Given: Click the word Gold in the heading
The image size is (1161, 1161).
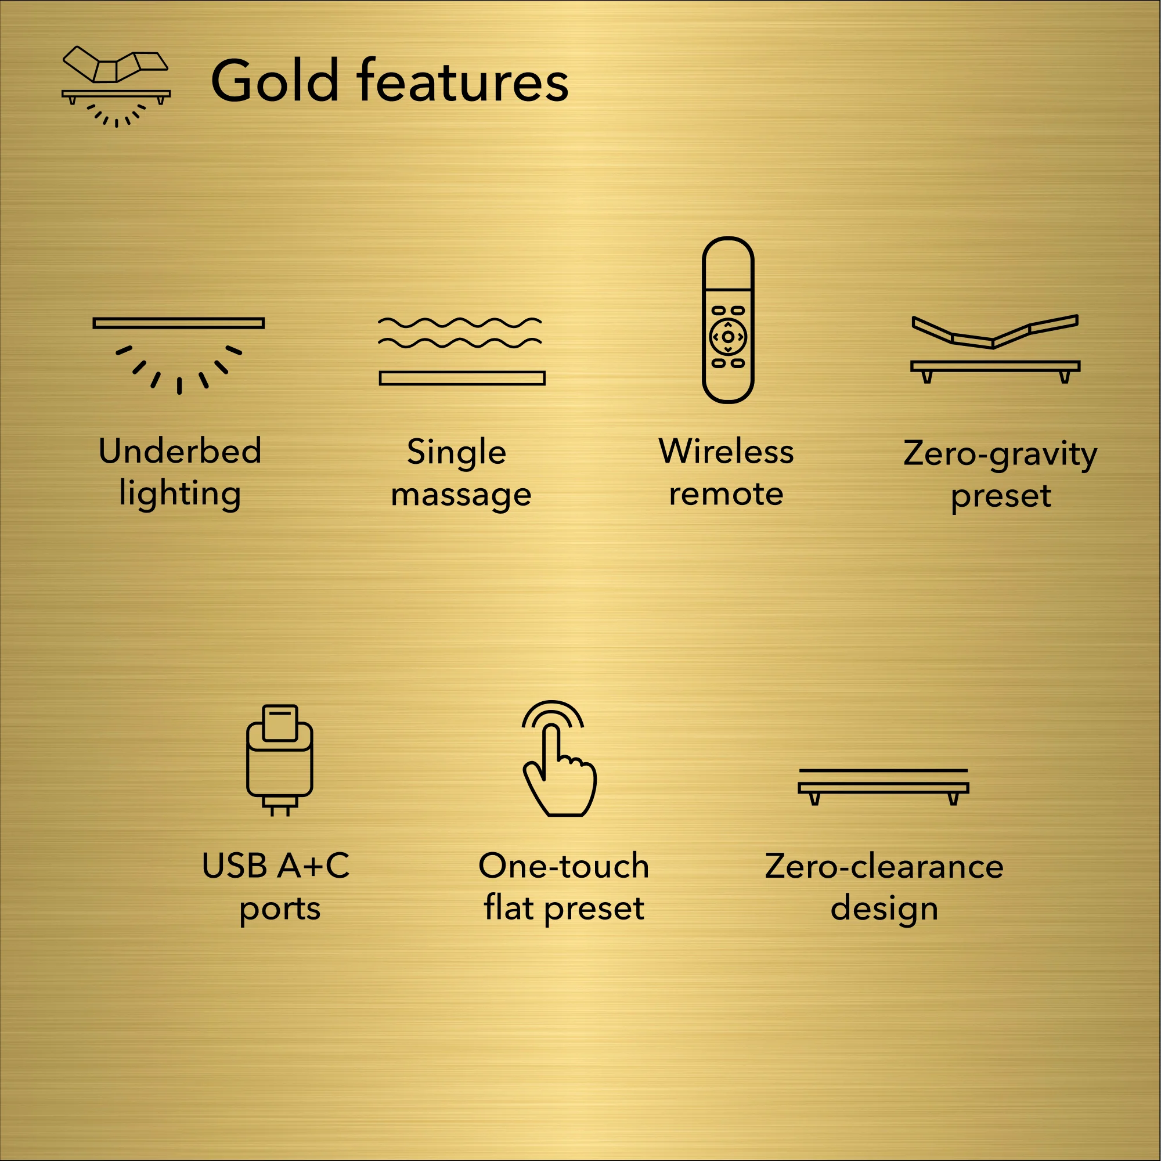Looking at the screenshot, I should tap(275, 81).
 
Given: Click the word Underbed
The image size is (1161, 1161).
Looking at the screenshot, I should tap(180, 450).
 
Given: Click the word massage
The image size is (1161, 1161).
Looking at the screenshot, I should tap(461, 495).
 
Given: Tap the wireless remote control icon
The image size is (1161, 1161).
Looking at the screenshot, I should tap(728, 320).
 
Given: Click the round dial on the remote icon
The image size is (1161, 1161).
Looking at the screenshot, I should tap(728, 337).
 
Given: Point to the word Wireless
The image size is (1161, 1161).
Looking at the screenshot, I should tap(726, 451).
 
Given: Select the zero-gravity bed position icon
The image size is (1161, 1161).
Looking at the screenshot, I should tap(995, 348).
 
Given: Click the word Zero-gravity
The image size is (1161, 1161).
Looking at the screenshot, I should tap(1000, 454).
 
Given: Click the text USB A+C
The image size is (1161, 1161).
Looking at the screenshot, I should tap(275, 866).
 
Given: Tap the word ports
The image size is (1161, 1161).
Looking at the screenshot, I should tap(279, 909).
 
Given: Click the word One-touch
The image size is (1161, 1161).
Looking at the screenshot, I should tap(564, 866).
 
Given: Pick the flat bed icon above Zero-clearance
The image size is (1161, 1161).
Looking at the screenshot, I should tap(884, 786).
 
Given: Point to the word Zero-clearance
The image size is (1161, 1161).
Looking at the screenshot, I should tap(884, 867).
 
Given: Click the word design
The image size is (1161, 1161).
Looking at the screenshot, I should tap(884, 908).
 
